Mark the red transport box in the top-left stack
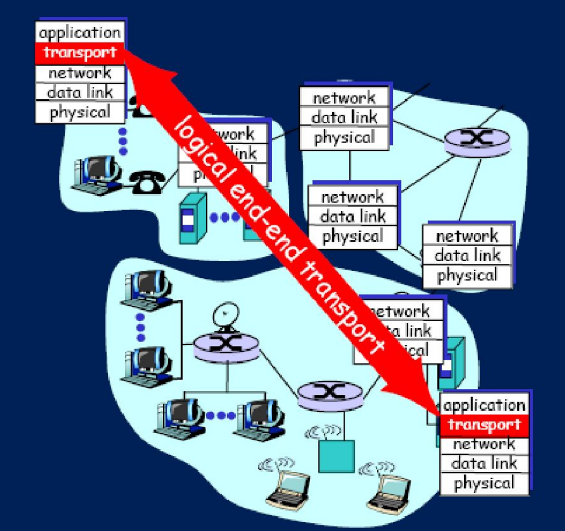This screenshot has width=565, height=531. coord(79,53)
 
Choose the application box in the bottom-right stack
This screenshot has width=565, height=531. coord(484,405)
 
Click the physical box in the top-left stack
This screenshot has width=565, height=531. coord(79,112)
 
